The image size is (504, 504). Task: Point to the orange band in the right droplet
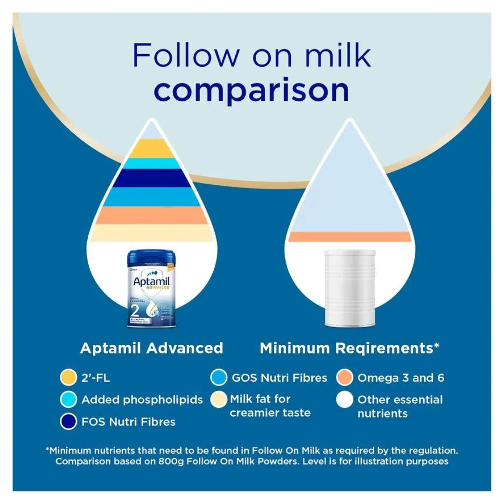350,237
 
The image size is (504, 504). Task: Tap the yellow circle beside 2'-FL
69,378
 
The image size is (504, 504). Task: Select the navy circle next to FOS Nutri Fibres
69,422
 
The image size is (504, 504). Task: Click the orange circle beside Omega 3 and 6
344,378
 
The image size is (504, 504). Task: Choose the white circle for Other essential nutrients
344,400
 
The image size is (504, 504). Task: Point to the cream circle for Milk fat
218,400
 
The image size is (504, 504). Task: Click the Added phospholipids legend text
142,400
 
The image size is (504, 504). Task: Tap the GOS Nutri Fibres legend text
280,378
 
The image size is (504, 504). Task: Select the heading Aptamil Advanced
152,348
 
